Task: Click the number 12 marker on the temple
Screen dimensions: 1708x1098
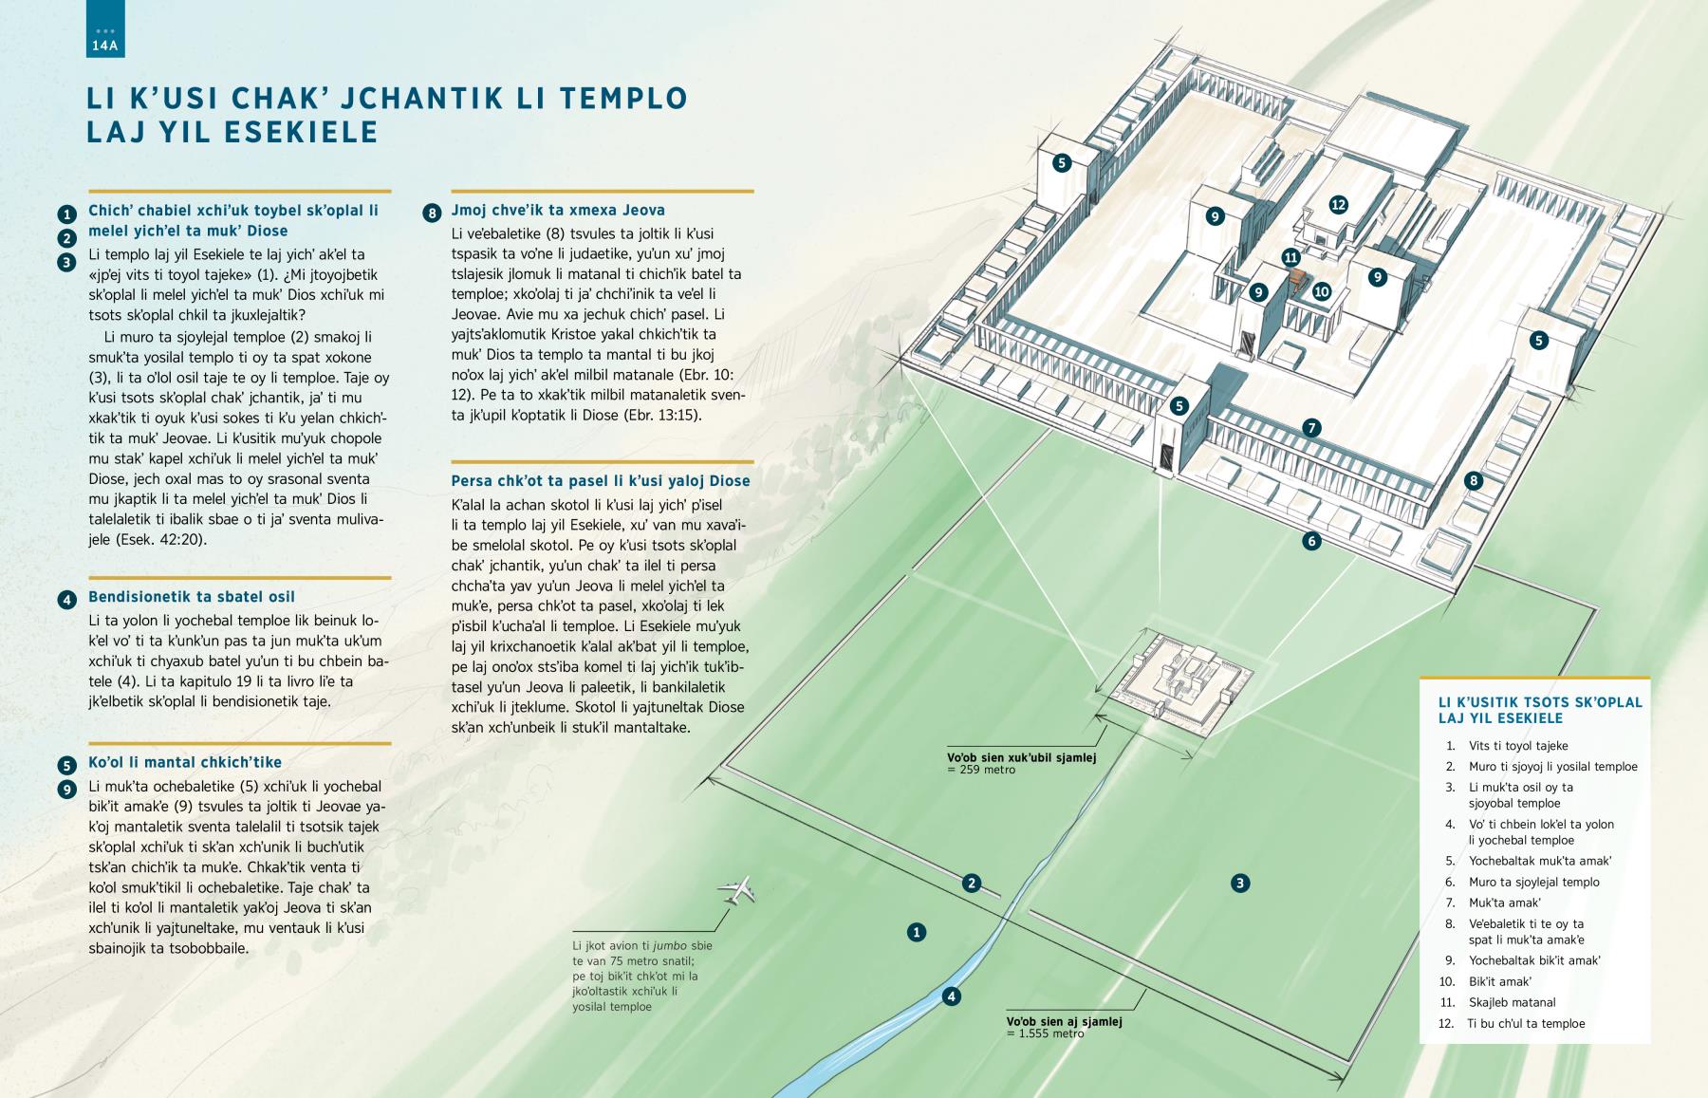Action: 1338,204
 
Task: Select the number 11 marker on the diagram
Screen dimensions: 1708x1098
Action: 1290,257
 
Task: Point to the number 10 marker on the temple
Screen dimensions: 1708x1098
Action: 1322,291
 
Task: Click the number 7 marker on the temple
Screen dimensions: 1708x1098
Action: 1311,428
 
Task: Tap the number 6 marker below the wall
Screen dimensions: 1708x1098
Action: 1311,541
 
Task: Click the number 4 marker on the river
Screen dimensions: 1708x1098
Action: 951,996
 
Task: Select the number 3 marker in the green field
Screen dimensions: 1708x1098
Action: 1239,884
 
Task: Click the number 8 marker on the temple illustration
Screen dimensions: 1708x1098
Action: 1473,480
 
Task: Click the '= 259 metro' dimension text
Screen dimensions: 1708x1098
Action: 981,770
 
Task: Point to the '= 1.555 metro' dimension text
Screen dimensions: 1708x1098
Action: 1045,1033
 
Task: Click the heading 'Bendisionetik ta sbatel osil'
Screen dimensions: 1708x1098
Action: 192,597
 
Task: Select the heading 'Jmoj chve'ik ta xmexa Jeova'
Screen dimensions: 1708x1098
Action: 559,210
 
